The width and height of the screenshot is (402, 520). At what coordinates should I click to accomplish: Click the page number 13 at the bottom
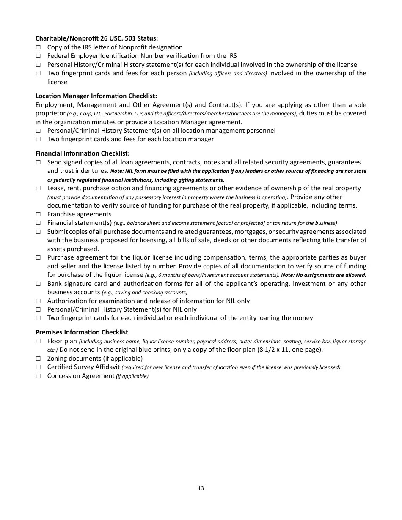[x=201, y=488]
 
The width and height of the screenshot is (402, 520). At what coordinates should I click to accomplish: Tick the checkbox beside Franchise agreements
[x=38, y=214]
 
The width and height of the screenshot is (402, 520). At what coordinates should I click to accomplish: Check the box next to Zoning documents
[x=38, y=359]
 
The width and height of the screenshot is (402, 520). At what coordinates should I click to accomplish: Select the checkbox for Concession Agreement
[x=38, y=376]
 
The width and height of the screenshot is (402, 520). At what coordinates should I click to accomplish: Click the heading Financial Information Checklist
[x=83, y=153]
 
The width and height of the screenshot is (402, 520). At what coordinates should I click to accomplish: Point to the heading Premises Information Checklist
[x=82, y=332]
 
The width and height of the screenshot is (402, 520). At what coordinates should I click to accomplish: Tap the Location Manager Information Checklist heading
[x=96, y=96]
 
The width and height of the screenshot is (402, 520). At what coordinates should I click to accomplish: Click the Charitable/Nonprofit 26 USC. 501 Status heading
[x=96, y=38]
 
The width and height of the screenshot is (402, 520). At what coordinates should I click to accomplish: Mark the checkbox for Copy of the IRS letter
[x=38, y=47]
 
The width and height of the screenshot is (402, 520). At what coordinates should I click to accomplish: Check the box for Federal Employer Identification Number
[x=38, y=56]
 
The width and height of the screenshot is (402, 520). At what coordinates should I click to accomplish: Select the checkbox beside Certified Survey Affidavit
[x=38, y=367]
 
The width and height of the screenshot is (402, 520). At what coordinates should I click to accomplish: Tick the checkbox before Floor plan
[x=38, y=341]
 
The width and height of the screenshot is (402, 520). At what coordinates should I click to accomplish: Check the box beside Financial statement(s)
[x=38, y=223]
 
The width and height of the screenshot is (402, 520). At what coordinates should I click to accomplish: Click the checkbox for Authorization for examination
[x=38, y=301]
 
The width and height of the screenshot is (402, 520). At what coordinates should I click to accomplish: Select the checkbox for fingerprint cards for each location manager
[x=38, y=139]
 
